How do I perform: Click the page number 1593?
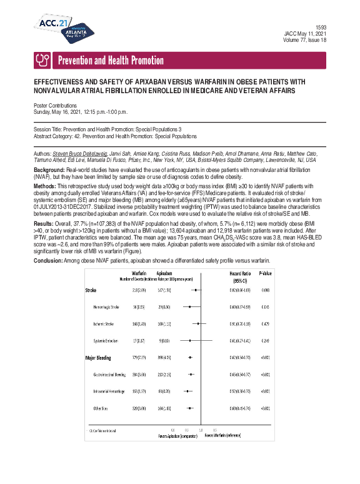point(321,27)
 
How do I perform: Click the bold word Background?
point(48,170)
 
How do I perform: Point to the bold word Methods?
point(46,186)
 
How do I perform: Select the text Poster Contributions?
point(56,106)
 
